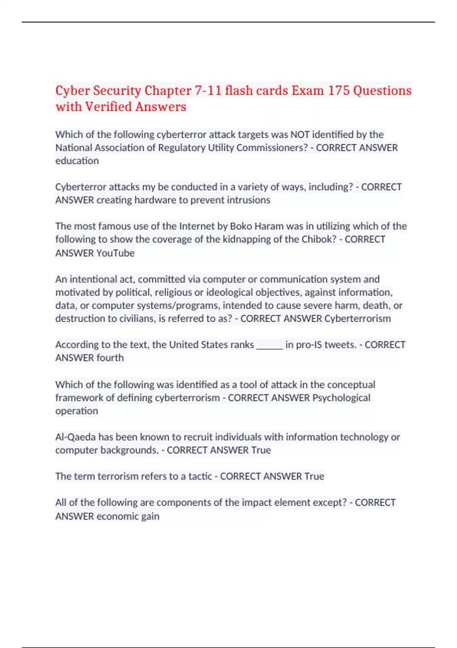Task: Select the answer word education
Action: [77, 161]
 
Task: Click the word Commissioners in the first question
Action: [272, 148]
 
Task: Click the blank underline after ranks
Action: [270, 345]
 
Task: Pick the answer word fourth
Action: [110, 358]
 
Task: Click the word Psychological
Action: [341, 398]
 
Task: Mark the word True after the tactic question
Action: [314, 476]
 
